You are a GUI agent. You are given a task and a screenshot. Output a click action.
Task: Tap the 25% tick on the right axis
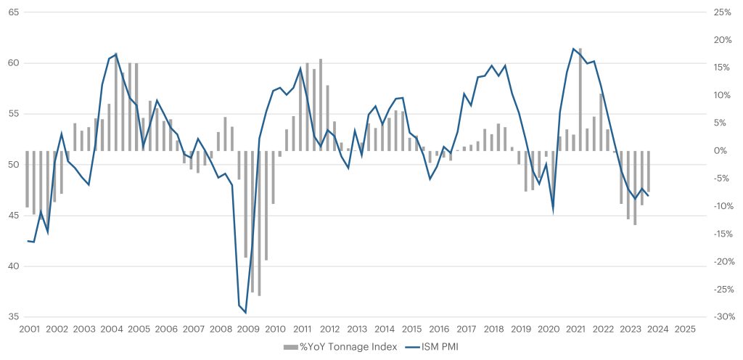[723, 12]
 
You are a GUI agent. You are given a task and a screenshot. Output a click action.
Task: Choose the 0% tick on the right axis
[721, 151]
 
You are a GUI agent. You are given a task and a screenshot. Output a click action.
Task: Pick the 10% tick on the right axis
[723, 96]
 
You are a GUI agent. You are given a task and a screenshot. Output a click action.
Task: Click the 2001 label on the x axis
[29, 329]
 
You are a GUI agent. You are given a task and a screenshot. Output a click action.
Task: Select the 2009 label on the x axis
[248, 329]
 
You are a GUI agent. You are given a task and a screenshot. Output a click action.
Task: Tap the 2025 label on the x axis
[685, 329]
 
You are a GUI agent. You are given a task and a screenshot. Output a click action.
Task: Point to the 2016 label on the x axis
[439, 329]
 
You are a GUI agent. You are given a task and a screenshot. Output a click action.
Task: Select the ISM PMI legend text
[439, 347]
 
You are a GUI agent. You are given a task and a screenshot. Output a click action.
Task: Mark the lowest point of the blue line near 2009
[246, 312]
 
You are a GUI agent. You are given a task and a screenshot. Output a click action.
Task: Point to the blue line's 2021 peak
[574, 49]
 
